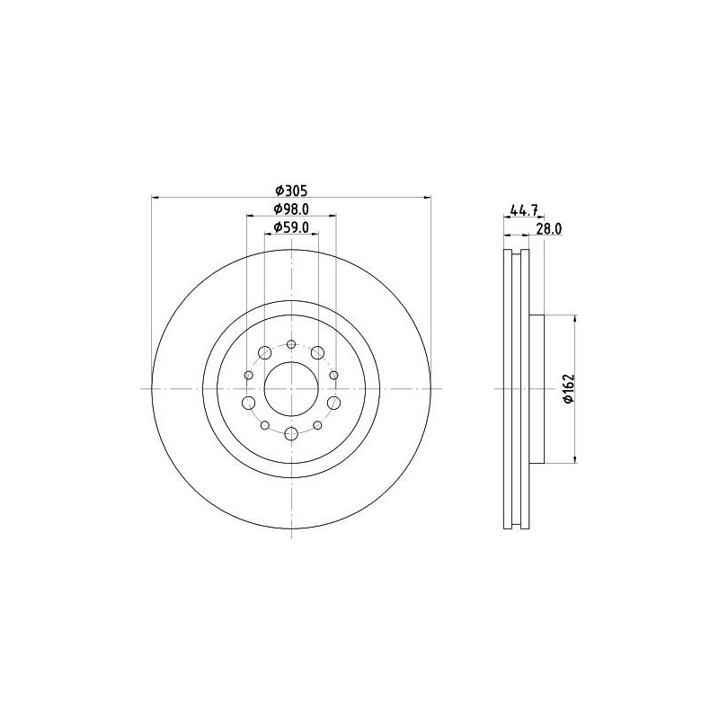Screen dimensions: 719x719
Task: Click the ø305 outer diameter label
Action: point(291,190)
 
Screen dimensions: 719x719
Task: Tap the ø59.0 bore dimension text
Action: point(291,227)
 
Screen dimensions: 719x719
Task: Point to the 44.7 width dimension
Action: point(523,211)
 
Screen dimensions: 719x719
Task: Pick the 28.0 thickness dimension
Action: point(548,229)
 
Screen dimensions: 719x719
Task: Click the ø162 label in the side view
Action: point(568,388)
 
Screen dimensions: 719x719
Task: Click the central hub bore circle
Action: point(291,388)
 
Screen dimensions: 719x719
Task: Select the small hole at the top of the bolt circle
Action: point(291,343)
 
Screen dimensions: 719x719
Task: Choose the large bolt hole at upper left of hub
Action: point(266,353)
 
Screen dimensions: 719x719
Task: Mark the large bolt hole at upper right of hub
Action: point(317,353)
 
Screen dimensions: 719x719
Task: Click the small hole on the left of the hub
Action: point(248,375)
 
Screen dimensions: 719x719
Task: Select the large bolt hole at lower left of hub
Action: point(249,403)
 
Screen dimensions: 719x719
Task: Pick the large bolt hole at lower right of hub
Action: point(333,403)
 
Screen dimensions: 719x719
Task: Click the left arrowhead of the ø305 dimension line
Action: point(155,197)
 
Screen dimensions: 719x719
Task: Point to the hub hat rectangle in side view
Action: point(537,388)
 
